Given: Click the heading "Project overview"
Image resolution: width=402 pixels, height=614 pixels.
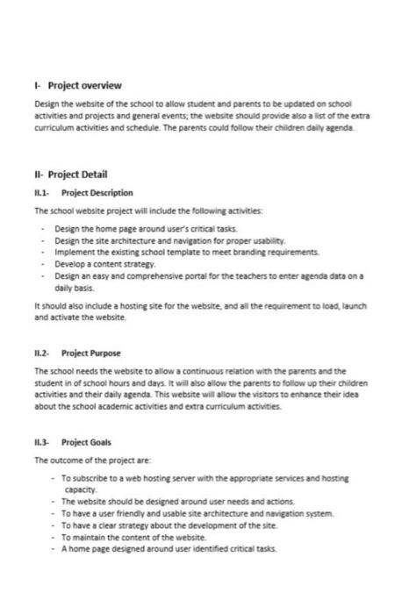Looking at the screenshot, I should coord(84,85).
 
